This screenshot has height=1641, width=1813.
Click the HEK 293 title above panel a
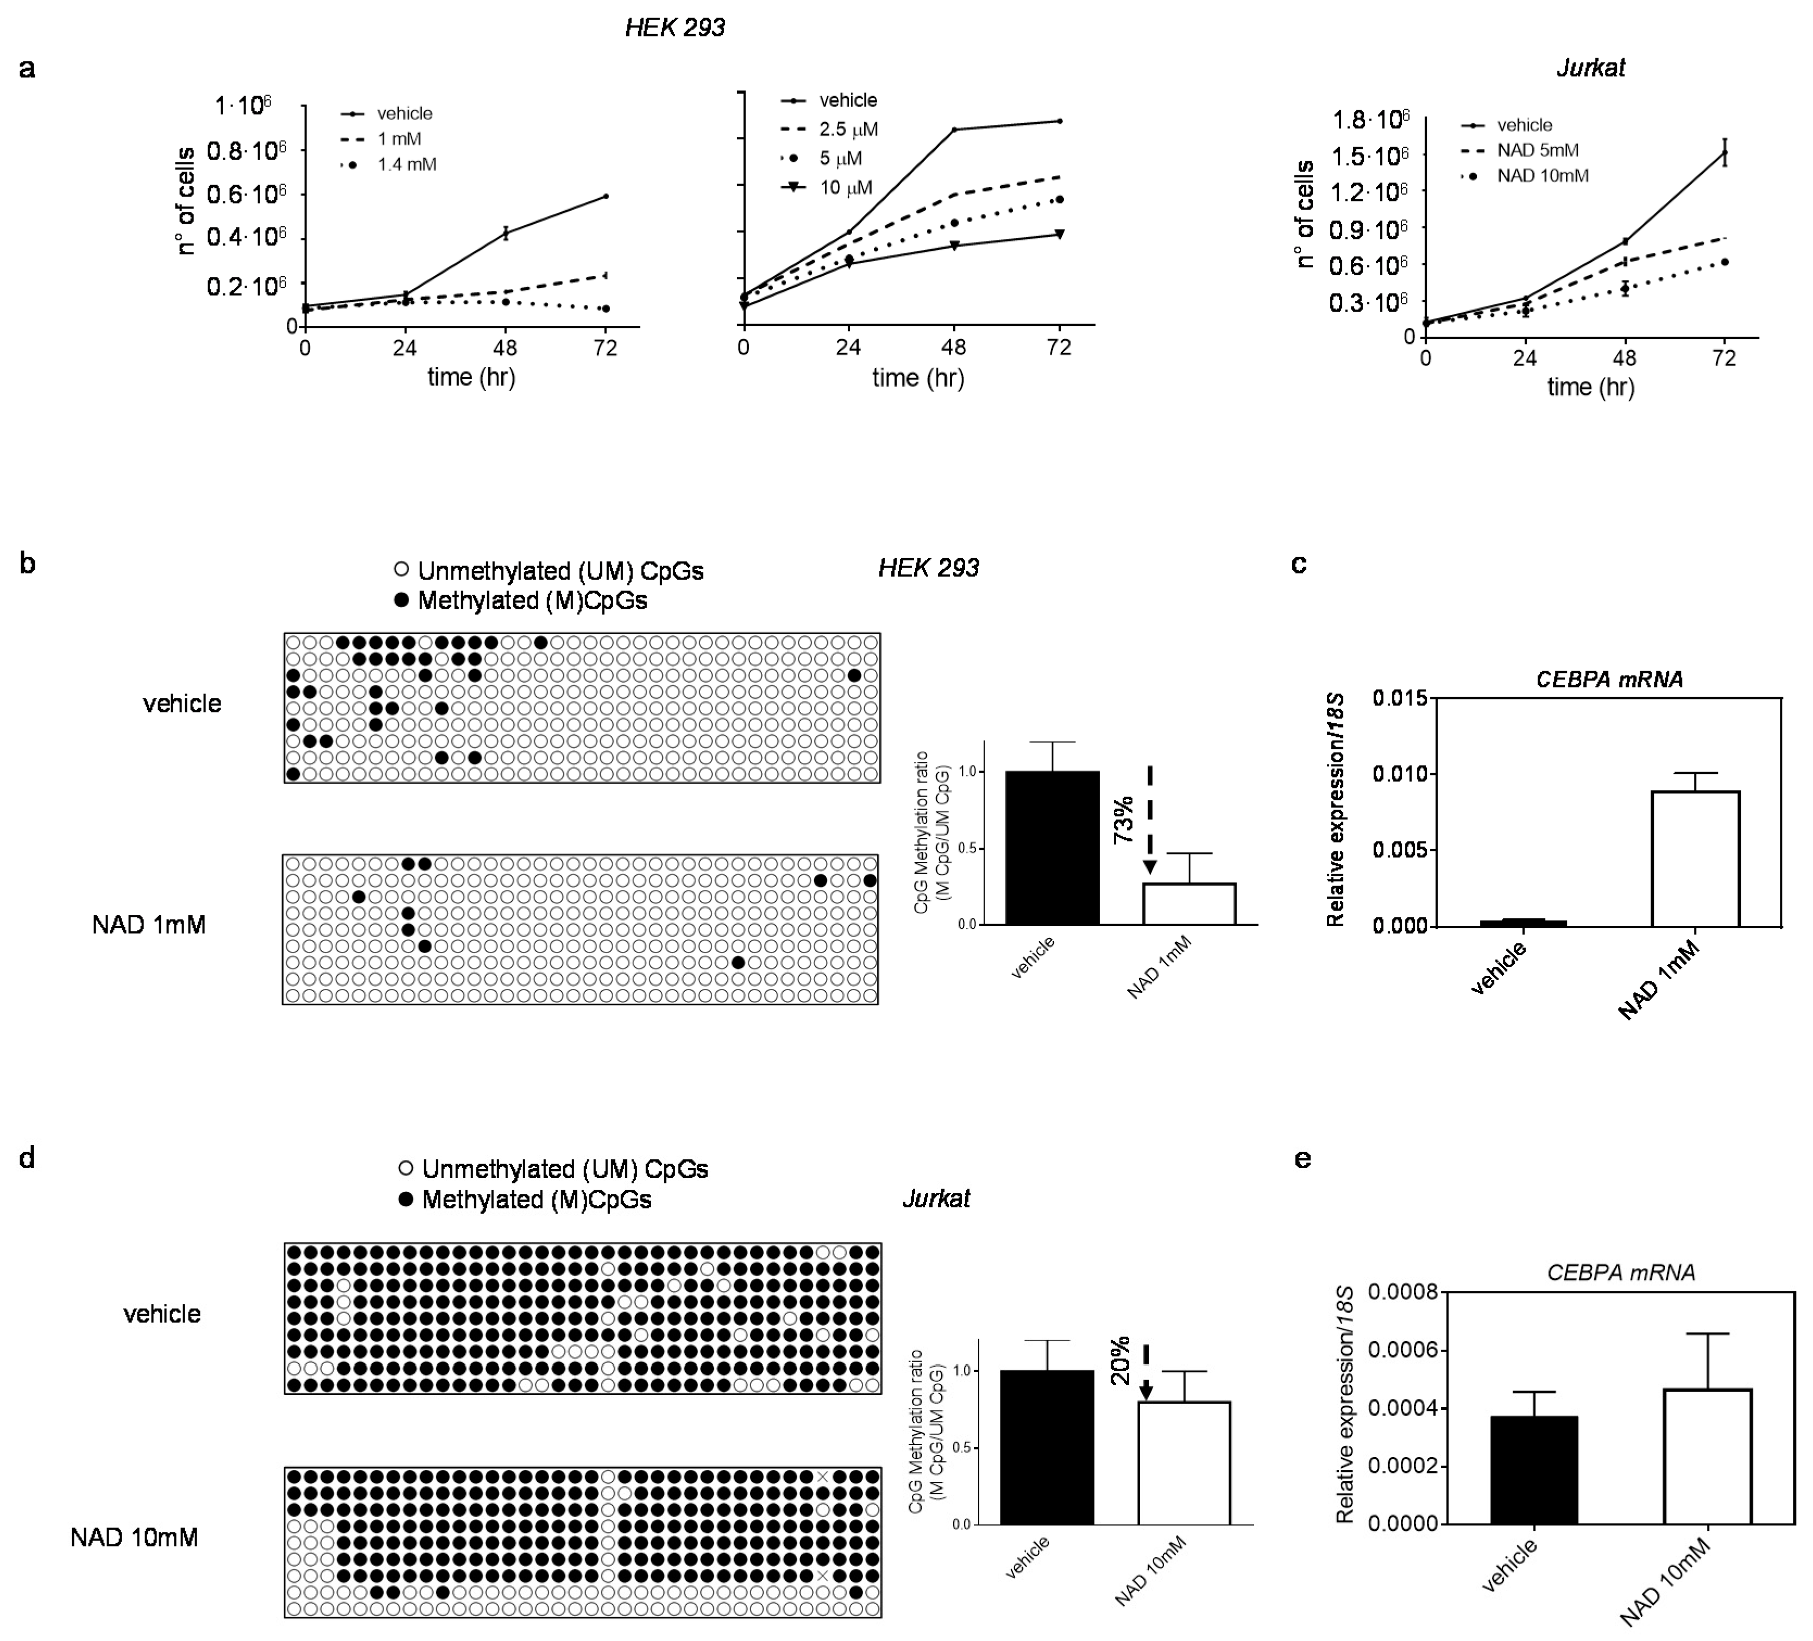[x=675, y=28]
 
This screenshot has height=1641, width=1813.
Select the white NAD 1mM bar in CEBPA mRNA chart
[x=1694, y=858]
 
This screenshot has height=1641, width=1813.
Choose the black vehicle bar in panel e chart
[x=1533, y=1469]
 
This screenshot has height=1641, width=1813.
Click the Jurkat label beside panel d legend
[x=935, y=1198]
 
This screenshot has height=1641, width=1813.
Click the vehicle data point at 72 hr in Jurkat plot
[x=1724, y=153]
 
